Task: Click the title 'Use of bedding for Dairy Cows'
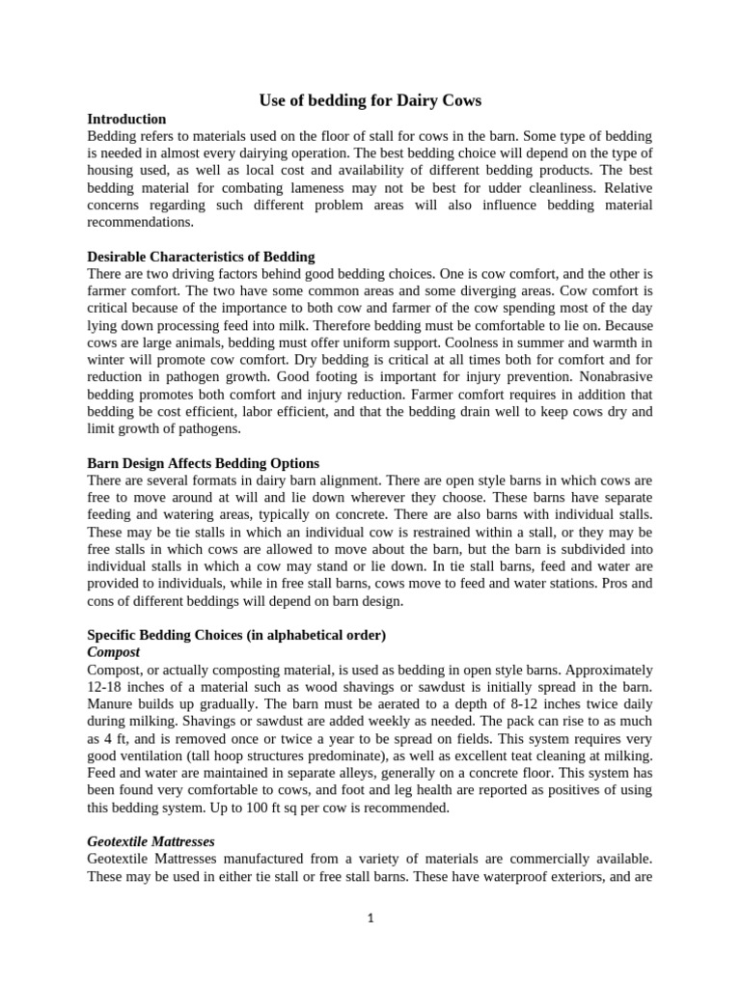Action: click(x=370, y=100)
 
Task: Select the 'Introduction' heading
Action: click(x=126, y=119)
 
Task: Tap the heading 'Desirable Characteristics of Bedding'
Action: click(x=201, y=257)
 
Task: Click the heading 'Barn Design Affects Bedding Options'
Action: click(x=203, y=463)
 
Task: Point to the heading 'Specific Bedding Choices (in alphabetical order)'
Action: click(x=236, y=635)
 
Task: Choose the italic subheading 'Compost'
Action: click(x=114, y=652)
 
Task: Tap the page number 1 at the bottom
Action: click(x=370, y=919)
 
